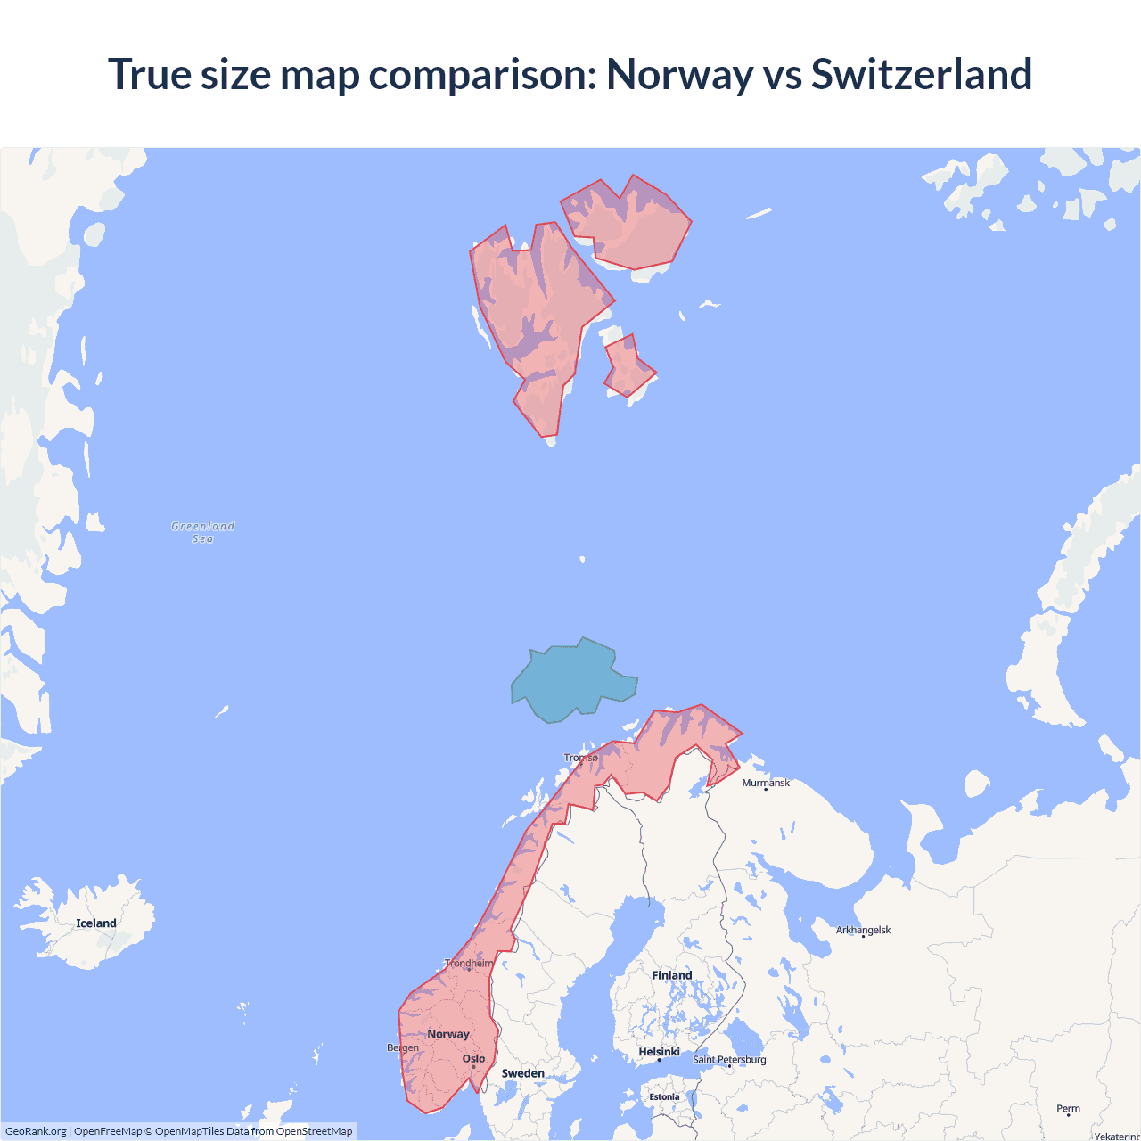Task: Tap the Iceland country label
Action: coord(96,923)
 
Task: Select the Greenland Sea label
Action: coord(203,532)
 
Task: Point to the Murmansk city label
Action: coord(766,783)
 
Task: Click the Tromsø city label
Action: coord(581,758)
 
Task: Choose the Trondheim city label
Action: coord(469,963)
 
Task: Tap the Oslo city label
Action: coord(474,1059)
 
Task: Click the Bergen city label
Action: coord(403,1047)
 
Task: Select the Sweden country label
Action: coord(523,1073)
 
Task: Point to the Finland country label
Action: coord(672,975)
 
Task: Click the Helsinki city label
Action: coord(660,1052)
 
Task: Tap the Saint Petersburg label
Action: coord(729,1059)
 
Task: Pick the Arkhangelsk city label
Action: coord(863,930)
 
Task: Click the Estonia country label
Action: coord(664,1097)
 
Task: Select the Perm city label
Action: coord(1068,1109)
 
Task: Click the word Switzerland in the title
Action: coord(921,74)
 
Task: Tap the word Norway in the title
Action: coord(679,74)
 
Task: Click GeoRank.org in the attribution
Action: coord(36,1131)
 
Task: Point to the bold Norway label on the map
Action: coord(448,1034)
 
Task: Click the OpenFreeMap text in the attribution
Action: coord(108,1131)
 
